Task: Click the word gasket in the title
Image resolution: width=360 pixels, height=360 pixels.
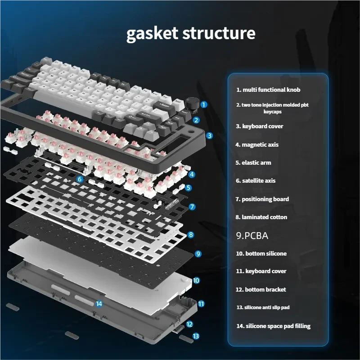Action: tap(151, 34)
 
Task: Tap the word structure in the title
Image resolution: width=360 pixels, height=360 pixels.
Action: tap(219, 34)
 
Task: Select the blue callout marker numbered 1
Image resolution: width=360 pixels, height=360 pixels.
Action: tap(203, 104)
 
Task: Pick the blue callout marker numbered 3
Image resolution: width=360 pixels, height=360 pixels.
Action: tap(209, 135)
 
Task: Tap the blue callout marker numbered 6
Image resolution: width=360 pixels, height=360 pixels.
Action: tap(80, 179)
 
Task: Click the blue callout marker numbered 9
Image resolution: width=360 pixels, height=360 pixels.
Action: tap(198, 253)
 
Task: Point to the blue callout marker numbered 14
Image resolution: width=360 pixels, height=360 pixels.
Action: tap(99, 303)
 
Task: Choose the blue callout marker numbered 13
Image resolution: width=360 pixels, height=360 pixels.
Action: tap(196, 336)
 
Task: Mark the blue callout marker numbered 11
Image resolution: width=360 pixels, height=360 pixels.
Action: tap(201, 304)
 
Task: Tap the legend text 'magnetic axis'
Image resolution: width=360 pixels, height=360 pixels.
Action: tap(263, 144)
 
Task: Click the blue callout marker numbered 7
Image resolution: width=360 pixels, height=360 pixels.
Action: tap(192, 207)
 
